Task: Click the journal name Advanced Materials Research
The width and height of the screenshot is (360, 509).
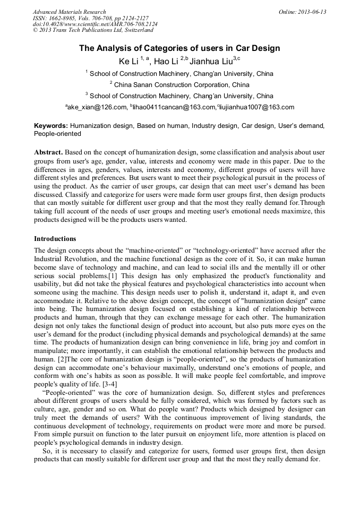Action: tap(69, 12)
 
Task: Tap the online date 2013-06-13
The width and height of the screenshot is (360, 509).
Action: tap(311, 12)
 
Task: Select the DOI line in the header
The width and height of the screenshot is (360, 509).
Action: tap(95, 24)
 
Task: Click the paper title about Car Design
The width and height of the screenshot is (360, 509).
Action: tap(179, 48)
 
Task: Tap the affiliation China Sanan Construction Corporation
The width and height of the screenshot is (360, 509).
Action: tap(182, 85)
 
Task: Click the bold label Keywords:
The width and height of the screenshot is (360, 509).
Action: tap(51, 126)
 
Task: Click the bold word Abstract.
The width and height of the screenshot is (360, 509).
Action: tap(49, 152)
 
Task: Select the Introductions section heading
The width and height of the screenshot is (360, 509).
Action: tap(55, 239)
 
